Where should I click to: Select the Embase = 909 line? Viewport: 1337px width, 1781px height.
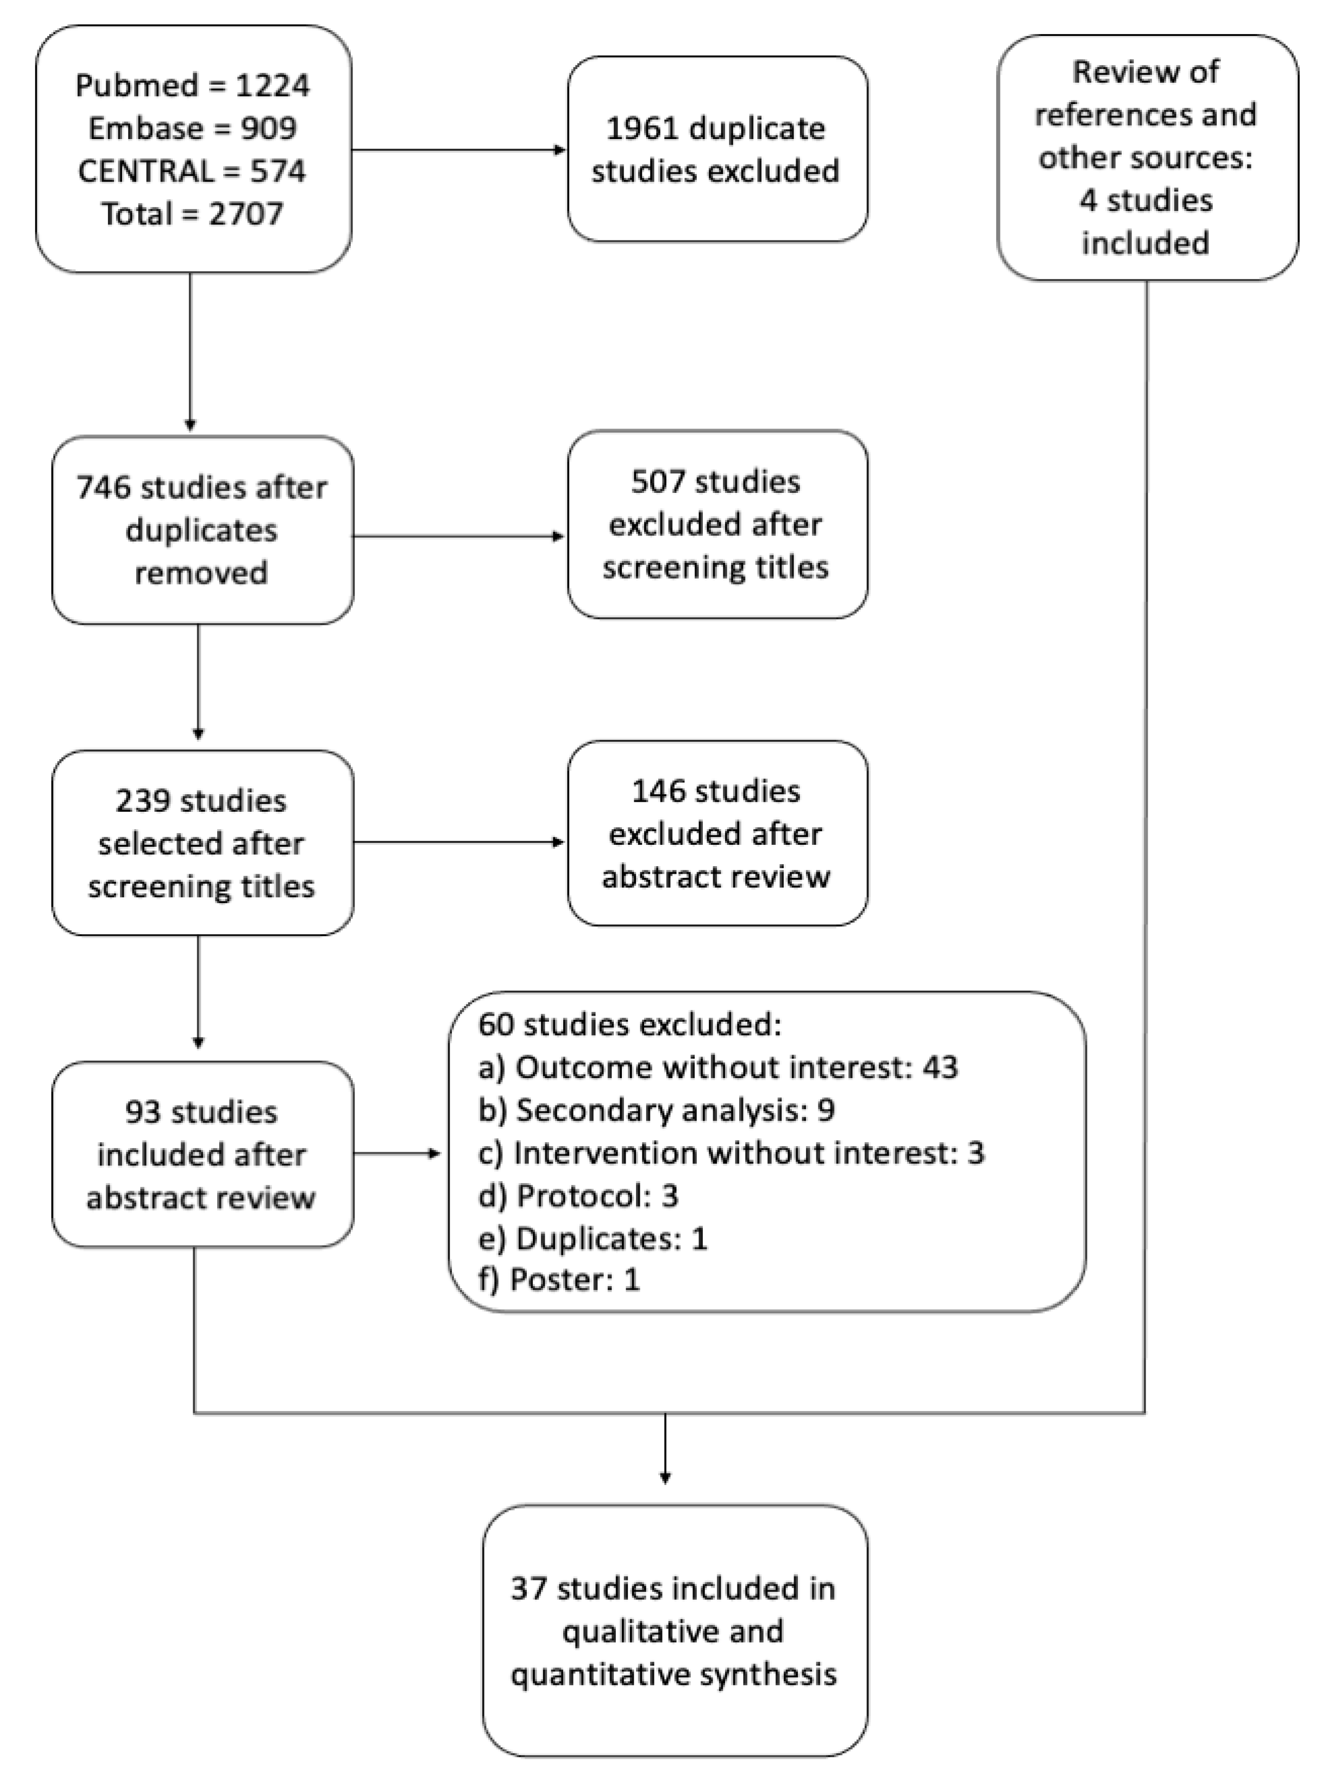tap(193, 128)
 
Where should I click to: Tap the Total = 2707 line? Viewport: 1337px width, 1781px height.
tap(193, 213)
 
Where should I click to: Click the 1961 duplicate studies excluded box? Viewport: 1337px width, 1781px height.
tap(717, 149)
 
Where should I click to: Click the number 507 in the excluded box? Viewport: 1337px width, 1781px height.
tap(658, 482)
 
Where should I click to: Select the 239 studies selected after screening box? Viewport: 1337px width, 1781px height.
tap(202, 843)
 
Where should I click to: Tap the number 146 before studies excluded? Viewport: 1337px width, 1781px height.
tap(658, 791)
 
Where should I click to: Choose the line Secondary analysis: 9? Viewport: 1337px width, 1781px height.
tap(656, 1110)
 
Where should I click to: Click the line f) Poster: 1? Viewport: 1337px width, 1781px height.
tap(559, 1280)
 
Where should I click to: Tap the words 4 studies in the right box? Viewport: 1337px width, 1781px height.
tap(1145, 200)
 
